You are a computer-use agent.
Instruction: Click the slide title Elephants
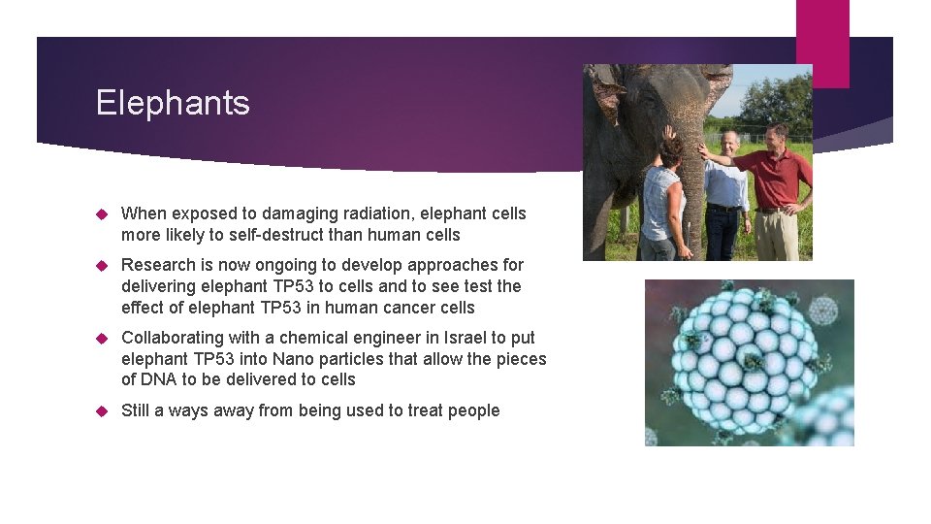click(x=173, y=103)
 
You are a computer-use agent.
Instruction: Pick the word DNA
click(x=160, y=379)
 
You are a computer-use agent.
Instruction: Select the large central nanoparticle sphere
click(x=746, y=359)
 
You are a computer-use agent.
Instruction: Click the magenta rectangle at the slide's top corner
click(x=822, y=43)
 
